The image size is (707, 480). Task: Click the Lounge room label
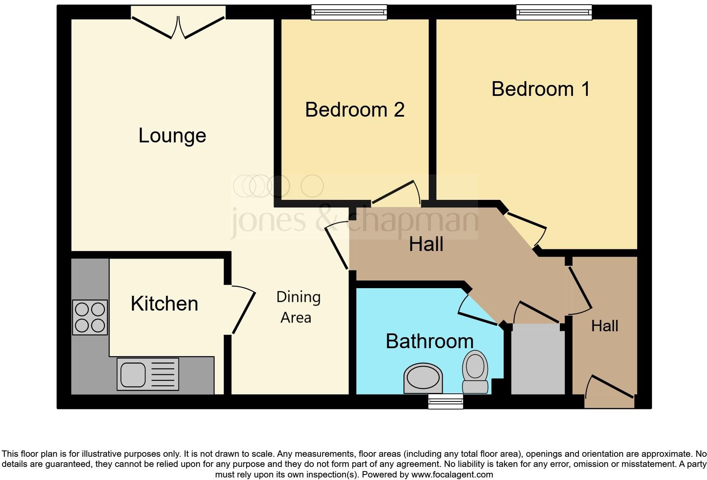click(172, 136)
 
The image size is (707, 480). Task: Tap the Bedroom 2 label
click(355, 110)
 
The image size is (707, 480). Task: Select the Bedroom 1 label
click(540, 89)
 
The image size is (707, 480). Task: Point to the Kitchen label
click(164, 304)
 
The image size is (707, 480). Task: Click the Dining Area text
click(298, 307)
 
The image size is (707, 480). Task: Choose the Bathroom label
click(429, 341)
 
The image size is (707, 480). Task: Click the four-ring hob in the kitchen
click(90, 317)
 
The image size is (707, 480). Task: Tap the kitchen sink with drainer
click(148, 374)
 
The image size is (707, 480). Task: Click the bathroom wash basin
click(423, 378)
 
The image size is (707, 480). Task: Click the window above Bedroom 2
click(349, 12)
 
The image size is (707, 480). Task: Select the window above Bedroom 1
click(554, 12)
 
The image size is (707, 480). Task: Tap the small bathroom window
click(445, 401)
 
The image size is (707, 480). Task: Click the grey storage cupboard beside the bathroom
click(537, 359)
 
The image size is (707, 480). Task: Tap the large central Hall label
click(426, 244)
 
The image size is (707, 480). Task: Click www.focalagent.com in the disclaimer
click(452, 475)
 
